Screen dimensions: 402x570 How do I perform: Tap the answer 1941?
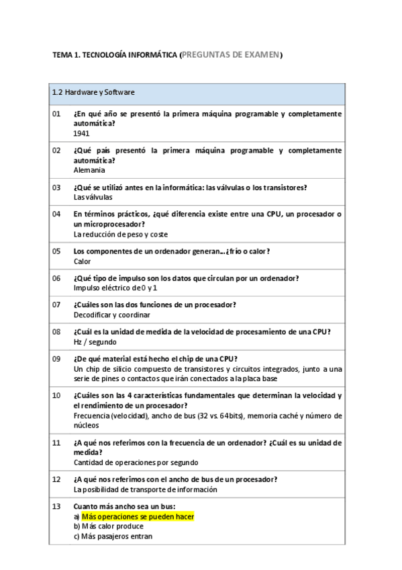point(81,134)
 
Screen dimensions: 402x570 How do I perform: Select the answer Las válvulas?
point(93,198)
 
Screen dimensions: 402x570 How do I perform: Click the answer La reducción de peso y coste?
point(120,235)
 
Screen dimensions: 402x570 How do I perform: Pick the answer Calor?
point(82,261)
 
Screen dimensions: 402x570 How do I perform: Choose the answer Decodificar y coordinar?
point(111,315)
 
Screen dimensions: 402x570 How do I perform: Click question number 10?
point(56,395)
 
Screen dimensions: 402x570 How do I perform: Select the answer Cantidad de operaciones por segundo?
point(136,462)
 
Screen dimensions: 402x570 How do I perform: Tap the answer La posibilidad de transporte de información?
point(145,489)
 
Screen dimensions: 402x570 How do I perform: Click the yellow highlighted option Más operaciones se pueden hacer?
point(137,516)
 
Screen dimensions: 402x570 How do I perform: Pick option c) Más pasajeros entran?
point(113,536)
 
